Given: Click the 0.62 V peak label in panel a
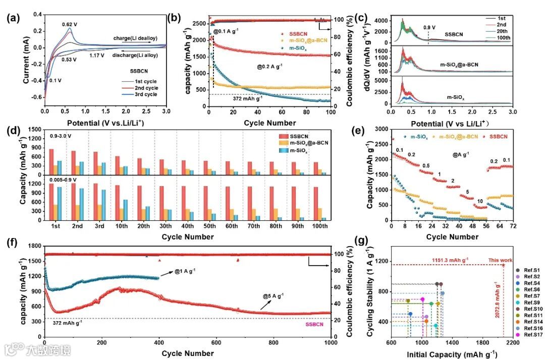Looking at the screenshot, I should coord(69,24).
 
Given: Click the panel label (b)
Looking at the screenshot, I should coord(175,18).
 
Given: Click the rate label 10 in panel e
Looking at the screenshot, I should coord(479,201).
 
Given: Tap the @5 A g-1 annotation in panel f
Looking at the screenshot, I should coord(273,295).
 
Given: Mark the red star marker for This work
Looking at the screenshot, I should coord(503,265).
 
